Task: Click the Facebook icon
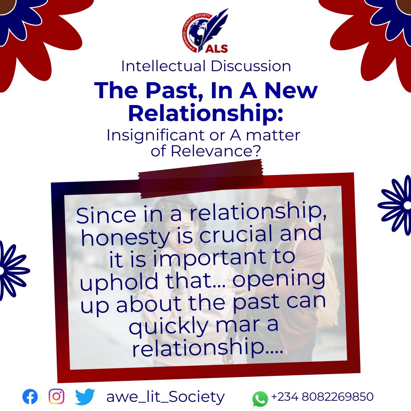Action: (30, 397)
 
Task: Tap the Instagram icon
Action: (56, 397)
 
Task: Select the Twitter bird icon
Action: (84, 397)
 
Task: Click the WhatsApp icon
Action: (260, 399)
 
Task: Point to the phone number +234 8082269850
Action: (322, 397)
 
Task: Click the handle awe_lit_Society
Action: (166, 397)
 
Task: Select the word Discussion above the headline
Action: (250, 66)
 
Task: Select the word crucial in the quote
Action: (238, 236)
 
